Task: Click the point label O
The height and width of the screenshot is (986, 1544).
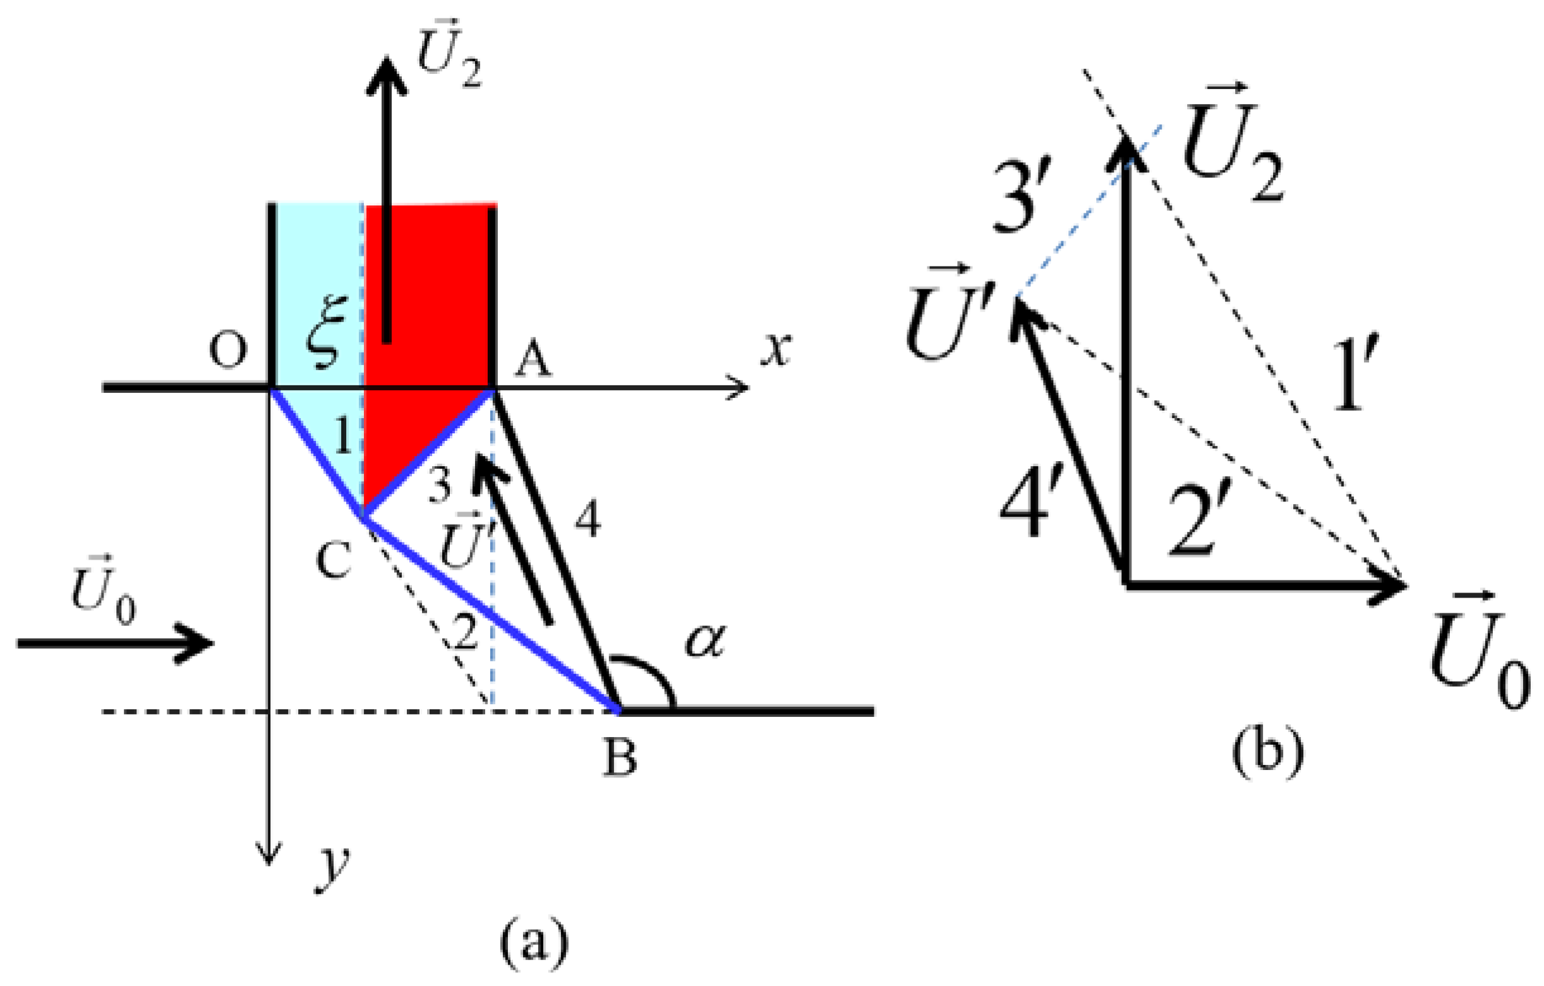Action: [228, 351]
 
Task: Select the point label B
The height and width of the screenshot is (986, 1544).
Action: [619, 758]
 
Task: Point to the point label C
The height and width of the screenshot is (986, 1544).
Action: [334, 559]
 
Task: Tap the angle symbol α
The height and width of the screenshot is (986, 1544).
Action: [704, 641]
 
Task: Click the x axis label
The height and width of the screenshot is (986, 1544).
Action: [776, 349]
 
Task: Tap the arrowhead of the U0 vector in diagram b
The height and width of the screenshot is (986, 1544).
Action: [1391, 585]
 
